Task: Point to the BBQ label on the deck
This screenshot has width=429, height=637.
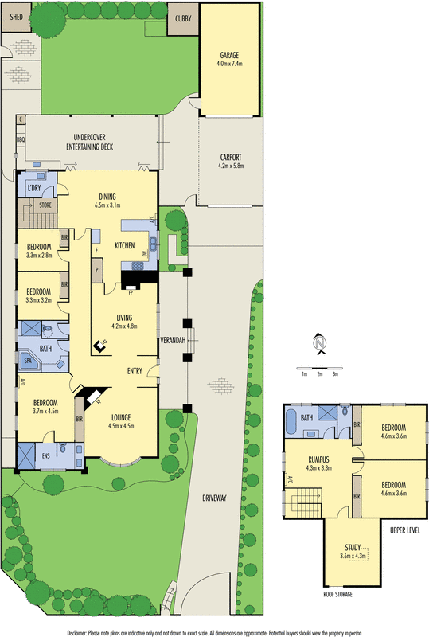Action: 21,139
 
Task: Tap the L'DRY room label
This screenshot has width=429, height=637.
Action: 34,188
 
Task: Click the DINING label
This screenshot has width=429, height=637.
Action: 107,197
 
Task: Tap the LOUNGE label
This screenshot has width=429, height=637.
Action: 120,416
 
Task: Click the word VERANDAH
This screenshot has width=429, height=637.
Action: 174,340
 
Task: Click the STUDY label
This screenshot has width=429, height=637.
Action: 352,546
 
